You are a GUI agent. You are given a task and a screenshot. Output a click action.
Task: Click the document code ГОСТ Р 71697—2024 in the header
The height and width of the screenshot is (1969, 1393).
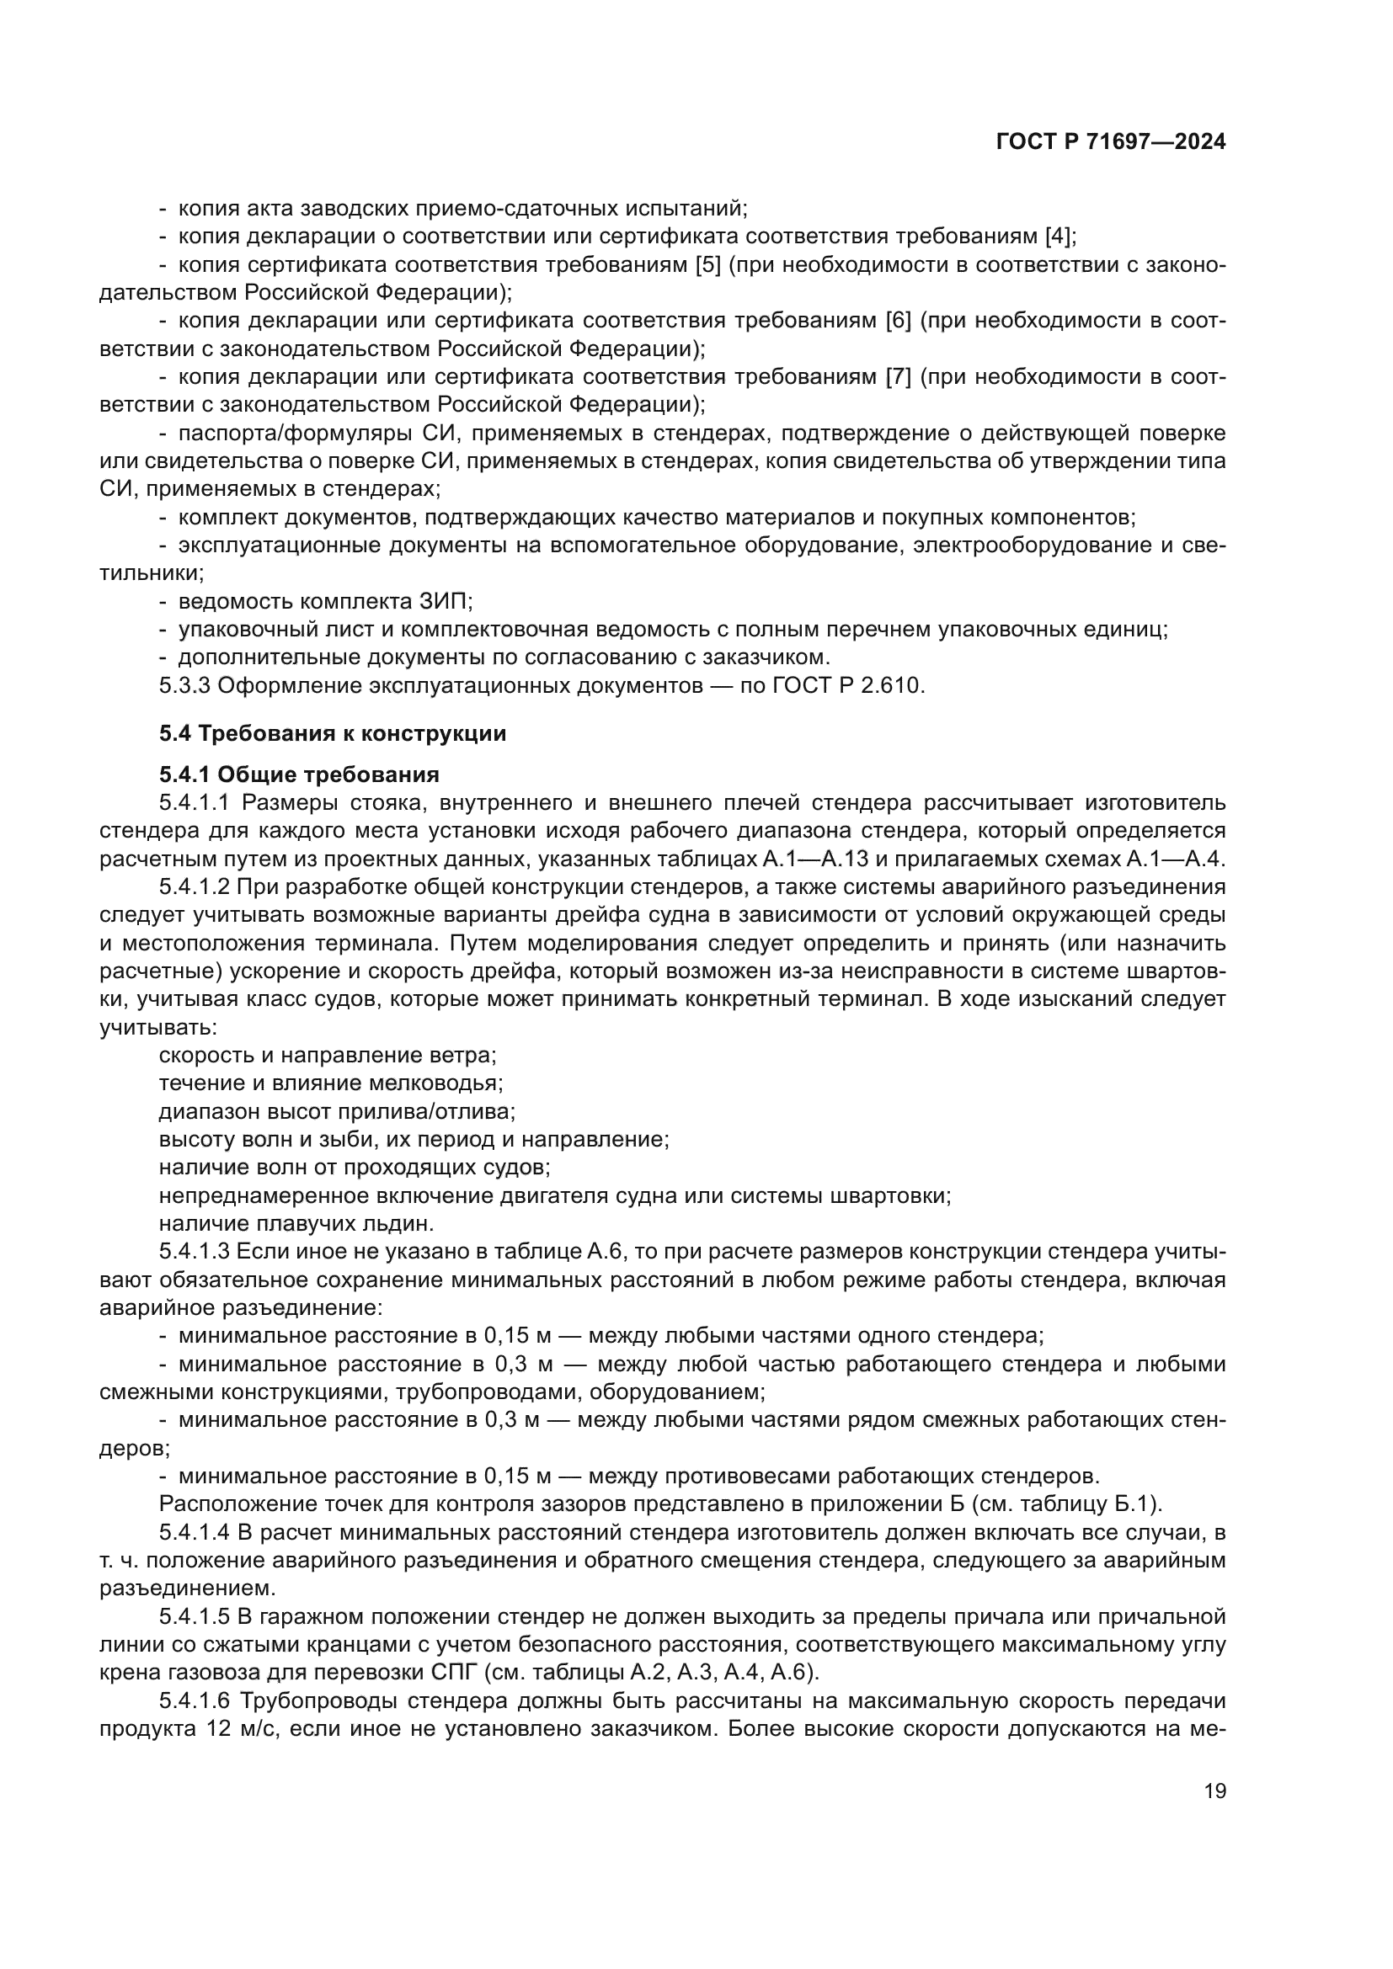[1111, 142]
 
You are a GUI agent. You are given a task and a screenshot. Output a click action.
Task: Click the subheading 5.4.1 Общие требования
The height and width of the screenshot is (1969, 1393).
[298, 774]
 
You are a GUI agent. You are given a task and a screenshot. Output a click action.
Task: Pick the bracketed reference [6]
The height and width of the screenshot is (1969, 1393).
[898, 321]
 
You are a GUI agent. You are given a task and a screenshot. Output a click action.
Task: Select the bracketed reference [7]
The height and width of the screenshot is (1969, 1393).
[898, 377]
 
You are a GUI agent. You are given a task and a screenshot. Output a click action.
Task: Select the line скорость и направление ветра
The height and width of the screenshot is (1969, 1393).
[328, 1055]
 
